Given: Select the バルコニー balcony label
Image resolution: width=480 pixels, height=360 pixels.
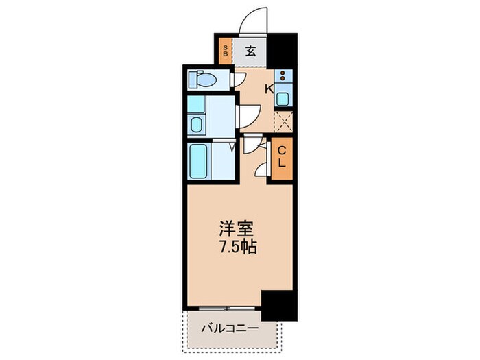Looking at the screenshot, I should pyautogui.click(x=230, y=328).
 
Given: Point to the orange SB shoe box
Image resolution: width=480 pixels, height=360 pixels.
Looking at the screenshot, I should pyautogui.click(x=225, y=50).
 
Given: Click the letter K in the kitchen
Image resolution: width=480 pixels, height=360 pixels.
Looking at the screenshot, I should pyautogui.click(x=269, y=89).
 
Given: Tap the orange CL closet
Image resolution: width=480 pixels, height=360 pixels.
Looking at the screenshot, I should pyautogui.click(x=280, y=160).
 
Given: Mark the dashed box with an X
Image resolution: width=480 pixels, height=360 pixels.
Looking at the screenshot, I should pyautogui.click(x=283, y=122).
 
